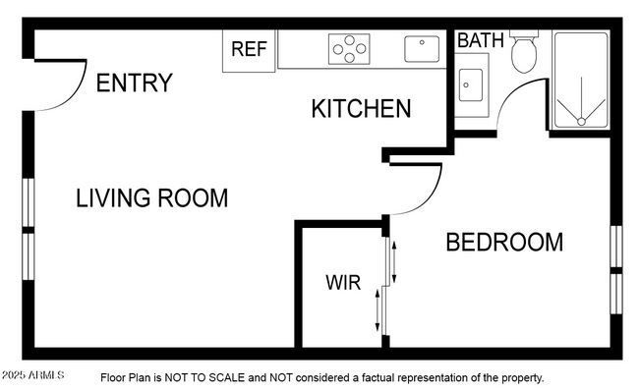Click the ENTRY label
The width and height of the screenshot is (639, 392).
click(x=135, y=83)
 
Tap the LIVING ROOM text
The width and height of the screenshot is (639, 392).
click(x=152, y=197)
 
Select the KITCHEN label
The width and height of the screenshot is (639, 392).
click(x=361, y=108)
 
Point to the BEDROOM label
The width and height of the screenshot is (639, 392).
click(x=504, y=242)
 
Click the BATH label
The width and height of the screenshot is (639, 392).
click(x=481, y=40)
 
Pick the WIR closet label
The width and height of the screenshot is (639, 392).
click(x=343, y=284)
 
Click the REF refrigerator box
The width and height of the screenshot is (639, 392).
click(x=250, y=49)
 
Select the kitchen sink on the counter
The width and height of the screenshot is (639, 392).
click(x=422, y=47)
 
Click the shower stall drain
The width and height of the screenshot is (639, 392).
click(x=581, y=121)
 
